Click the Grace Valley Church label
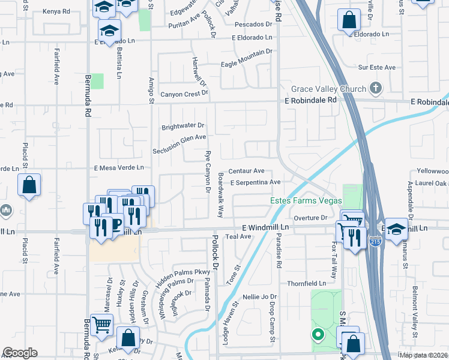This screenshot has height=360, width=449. (328, 89)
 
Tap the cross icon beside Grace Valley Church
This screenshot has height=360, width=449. (376, 89)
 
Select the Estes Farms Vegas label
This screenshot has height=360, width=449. (306, 200)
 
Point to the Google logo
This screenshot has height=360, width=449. (20, 353)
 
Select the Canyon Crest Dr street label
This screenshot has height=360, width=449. (184, 94)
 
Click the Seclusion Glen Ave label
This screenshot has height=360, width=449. (179, 147)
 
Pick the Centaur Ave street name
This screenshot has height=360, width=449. (246, 171)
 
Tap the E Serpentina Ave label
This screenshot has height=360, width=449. (255, 182)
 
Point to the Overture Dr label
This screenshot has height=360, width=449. (310, 217)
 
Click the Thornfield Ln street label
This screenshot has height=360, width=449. (306, 283)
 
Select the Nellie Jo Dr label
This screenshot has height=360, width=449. (259, 297)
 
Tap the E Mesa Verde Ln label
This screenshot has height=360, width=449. (119, 167)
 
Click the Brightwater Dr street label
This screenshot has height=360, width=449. (183, 127)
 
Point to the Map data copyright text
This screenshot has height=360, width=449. (423, 355)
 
